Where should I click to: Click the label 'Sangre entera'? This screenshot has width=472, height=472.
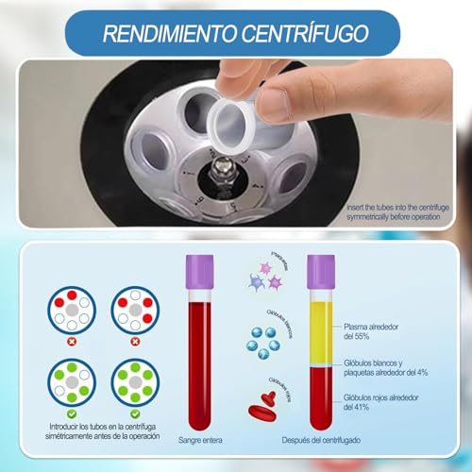point(200,437)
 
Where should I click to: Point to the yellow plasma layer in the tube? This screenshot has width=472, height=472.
point(320,326)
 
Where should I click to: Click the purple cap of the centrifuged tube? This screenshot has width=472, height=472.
point(320,272)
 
